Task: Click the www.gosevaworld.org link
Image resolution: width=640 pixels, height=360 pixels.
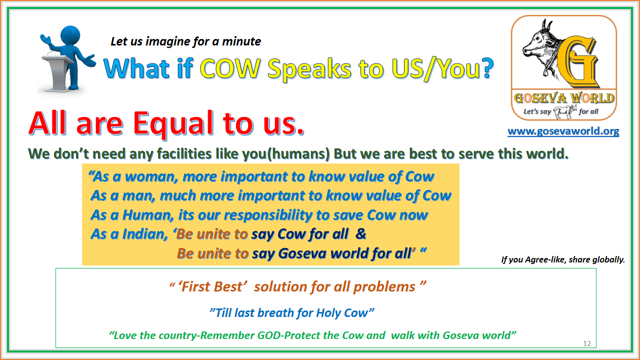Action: click(563, 131)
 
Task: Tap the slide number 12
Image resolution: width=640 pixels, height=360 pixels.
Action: click(587, 343)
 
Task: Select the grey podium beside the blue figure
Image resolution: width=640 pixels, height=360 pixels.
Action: click(57, 73)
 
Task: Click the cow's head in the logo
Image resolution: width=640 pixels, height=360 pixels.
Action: click(538, 43)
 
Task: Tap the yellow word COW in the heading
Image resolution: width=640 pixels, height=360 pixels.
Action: click(230, 68)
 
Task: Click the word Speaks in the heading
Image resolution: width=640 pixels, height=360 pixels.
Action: click(309, 69)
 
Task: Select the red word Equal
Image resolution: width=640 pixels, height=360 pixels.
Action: click(173, 123)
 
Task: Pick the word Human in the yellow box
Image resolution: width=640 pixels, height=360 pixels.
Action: click(148, 215)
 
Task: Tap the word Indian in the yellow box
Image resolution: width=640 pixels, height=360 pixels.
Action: click(145, 234)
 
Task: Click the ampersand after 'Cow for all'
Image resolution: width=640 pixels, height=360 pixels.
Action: click(361, 234)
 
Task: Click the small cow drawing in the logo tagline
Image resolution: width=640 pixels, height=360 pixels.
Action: click(565, 111)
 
